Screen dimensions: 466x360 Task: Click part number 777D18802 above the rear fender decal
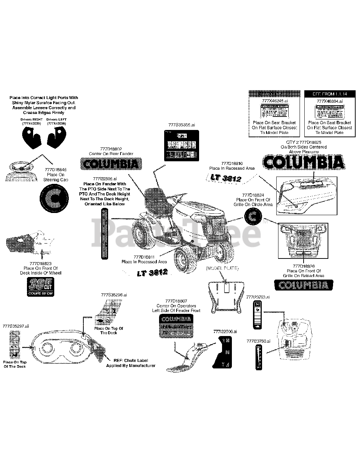pyautogui.click(x=111, y=149)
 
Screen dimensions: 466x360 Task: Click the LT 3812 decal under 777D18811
pyautogui.click(x=152, y=273)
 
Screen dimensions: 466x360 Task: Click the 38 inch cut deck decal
pyautogui.click(x=40, y=287)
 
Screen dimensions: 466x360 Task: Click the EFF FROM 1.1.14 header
pyautogui.click(x=325, y=94)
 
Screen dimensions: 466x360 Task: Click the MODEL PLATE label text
pyautogui.click(x=222, y=268)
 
